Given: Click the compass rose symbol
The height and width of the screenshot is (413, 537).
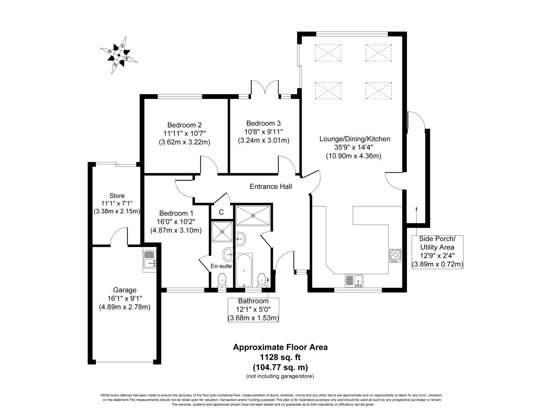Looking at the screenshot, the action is tap(119, 55).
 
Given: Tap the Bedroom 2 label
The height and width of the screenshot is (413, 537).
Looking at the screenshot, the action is tap(184, 125).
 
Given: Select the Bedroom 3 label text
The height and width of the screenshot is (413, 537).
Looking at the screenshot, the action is tap(264, 123).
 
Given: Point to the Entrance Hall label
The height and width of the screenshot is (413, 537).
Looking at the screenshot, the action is tap(271, 187).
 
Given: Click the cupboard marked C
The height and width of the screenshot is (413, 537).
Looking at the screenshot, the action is tap(221, 212).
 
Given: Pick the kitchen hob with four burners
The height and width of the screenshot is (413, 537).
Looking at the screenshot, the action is tap(395, 256).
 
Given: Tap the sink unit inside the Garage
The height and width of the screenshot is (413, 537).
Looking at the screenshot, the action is tap(150, 261).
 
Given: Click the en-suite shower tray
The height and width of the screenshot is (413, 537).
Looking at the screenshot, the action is tap(222, 232).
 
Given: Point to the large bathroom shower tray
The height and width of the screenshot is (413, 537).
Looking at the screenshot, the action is tap(253, 215).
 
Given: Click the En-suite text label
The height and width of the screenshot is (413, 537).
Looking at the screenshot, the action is tap(221, 266).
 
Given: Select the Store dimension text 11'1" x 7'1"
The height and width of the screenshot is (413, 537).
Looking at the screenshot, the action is tap(117, 203).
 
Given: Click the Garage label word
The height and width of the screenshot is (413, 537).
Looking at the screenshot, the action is tap(125, 290).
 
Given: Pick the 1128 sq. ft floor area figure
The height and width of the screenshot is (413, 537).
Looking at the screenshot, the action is tap(280, 357).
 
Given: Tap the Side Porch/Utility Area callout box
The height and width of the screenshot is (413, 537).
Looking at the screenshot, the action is tap(437, 252).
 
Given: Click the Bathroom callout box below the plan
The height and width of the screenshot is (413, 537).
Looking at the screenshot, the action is tap(253, 310).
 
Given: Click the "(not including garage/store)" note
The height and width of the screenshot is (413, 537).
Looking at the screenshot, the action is tap(280, 376).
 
